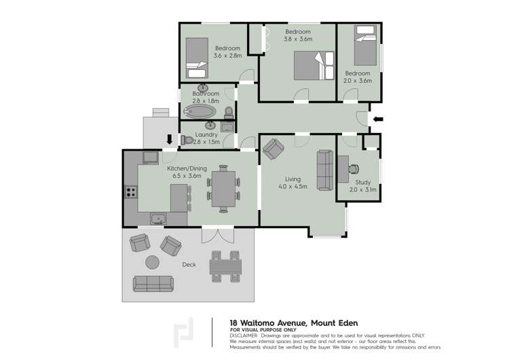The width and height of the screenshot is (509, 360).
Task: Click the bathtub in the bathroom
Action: [x=199, y=110]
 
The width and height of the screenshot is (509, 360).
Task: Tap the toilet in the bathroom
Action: [x=229, y=112]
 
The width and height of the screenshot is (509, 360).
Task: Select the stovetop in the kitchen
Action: [x=129, y=192]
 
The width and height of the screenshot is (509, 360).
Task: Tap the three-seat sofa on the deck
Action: [x=153, y=283]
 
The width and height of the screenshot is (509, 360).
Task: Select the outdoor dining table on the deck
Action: [x=224, y=266]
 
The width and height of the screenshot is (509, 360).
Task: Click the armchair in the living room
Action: [x=274, y=147]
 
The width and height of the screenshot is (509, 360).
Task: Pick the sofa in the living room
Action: [x=324, y=170]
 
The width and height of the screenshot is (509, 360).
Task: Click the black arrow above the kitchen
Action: [x=169, y=141]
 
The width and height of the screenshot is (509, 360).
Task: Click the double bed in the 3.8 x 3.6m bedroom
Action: [x=310, y=66]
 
